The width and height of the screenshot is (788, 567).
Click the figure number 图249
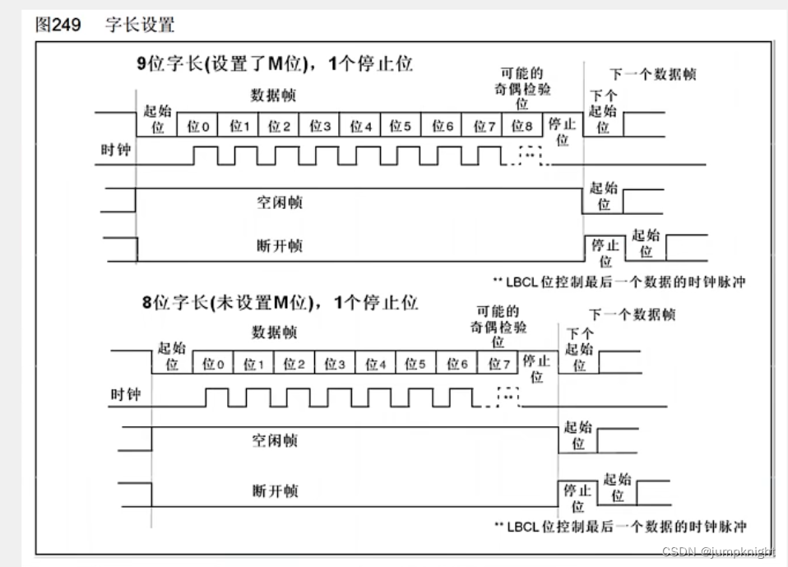coord(58,25)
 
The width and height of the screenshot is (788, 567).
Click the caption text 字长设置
coord(140,25)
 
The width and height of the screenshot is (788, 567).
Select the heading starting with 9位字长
coord(275,65)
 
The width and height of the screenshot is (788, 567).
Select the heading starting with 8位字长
coord(280,302)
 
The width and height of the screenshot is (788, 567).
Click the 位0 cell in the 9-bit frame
coord(198,126)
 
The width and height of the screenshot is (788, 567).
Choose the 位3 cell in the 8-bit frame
coord(335,364)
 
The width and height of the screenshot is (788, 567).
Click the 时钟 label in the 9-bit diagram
coord(115,151)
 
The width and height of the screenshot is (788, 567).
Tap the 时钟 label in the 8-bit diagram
coord(126,395)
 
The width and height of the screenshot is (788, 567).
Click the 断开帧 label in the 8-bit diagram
coord(276,491)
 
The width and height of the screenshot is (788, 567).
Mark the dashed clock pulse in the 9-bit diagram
coord(531,156)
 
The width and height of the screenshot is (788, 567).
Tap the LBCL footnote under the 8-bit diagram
coord(620,526)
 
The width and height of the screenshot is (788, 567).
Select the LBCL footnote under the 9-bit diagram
coord(620,281)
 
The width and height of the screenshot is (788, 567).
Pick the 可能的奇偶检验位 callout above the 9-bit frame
coord(522,89)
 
